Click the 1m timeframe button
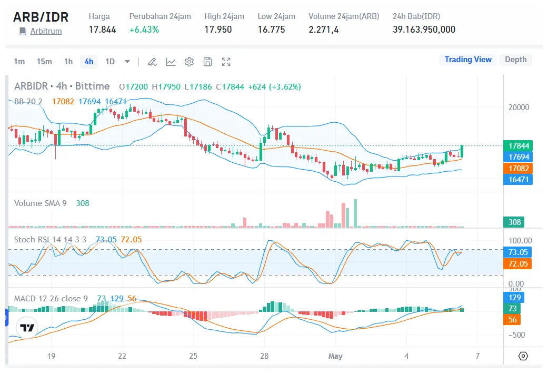tap(19, 62)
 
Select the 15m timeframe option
tap(44, 62)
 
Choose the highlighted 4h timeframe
tap(89, 62)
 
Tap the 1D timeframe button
tap(110, 62)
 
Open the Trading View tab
tap(468, 60)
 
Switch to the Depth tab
tap(515, 60)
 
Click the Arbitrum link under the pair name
tap(46, 31)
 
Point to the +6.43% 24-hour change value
tap(144, 30)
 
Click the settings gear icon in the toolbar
tap(189, 62)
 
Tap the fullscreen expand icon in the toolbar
tap(226, 62)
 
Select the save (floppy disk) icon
tap(208, 62)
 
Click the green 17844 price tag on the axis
tap(519, 145)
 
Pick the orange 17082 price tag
tap(519, 169)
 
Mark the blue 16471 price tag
tap(519, 180)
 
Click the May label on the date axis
tap(335, 356)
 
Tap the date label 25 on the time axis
tap(193, 356)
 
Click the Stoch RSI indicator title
tap(50, 239)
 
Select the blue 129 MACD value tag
tap(515, 298)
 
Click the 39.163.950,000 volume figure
tap(424, 30)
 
